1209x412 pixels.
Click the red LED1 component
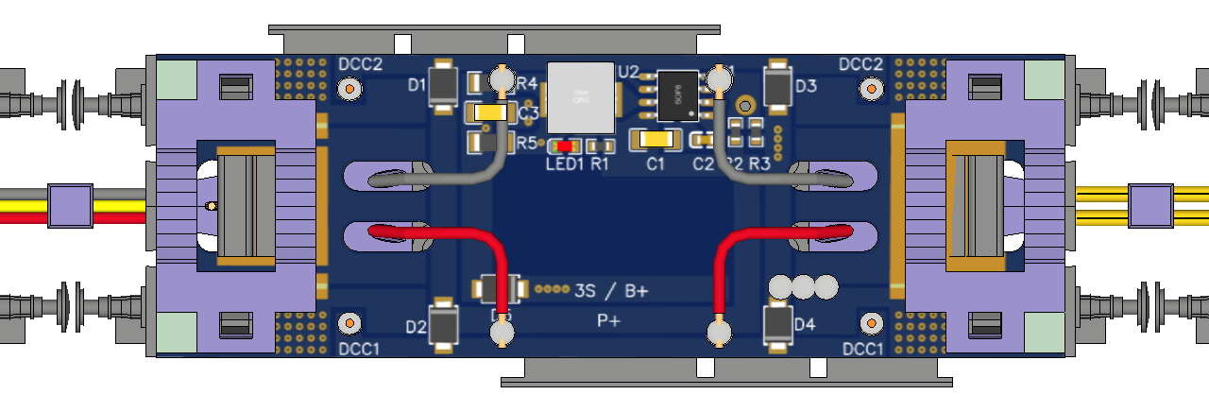pos(565,146)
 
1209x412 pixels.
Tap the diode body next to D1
pos(442,86)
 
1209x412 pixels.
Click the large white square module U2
pos(581,96)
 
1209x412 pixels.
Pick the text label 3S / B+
pos(611,291)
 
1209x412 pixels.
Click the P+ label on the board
pos(609,321)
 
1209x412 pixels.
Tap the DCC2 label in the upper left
pos(359,64)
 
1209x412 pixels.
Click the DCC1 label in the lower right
pos(861,350)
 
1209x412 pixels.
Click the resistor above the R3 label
pos(757,141)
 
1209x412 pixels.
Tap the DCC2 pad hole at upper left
pos(350,89)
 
